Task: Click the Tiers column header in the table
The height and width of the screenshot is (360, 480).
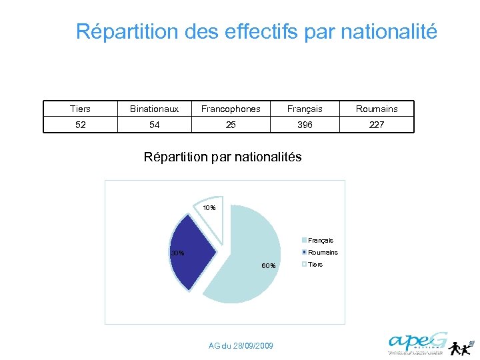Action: tap(81, 109)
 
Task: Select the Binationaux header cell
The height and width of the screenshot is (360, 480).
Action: tap(154, 109)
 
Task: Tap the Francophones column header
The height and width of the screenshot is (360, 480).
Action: tap(231, 109)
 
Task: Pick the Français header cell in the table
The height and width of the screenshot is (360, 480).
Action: tap(305, 109)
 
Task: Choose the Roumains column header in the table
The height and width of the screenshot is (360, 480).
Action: tap(377, 109)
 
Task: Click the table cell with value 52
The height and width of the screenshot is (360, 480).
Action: tap(81, 125)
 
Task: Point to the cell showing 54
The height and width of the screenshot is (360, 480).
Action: tap(154, 125)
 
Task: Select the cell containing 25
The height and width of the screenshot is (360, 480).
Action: tap(231, 125)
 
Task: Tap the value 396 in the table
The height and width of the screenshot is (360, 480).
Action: tap(305, 125)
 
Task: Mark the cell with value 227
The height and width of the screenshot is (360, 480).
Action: tap(377, 125)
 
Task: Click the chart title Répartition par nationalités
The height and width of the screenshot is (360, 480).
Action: tap(223, 157)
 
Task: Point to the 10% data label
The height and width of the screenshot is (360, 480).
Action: tap(209, 208)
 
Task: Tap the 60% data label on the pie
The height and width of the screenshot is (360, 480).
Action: tap(269, 266)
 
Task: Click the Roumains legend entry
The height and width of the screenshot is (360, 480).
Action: tap(322, 253)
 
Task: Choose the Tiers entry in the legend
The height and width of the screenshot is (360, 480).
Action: tap(315, 265)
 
